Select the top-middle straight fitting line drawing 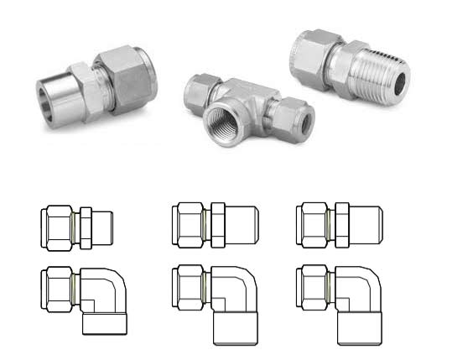click(214, 226)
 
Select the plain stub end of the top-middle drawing click(242, 226)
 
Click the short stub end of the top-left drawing click(104, 227)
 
